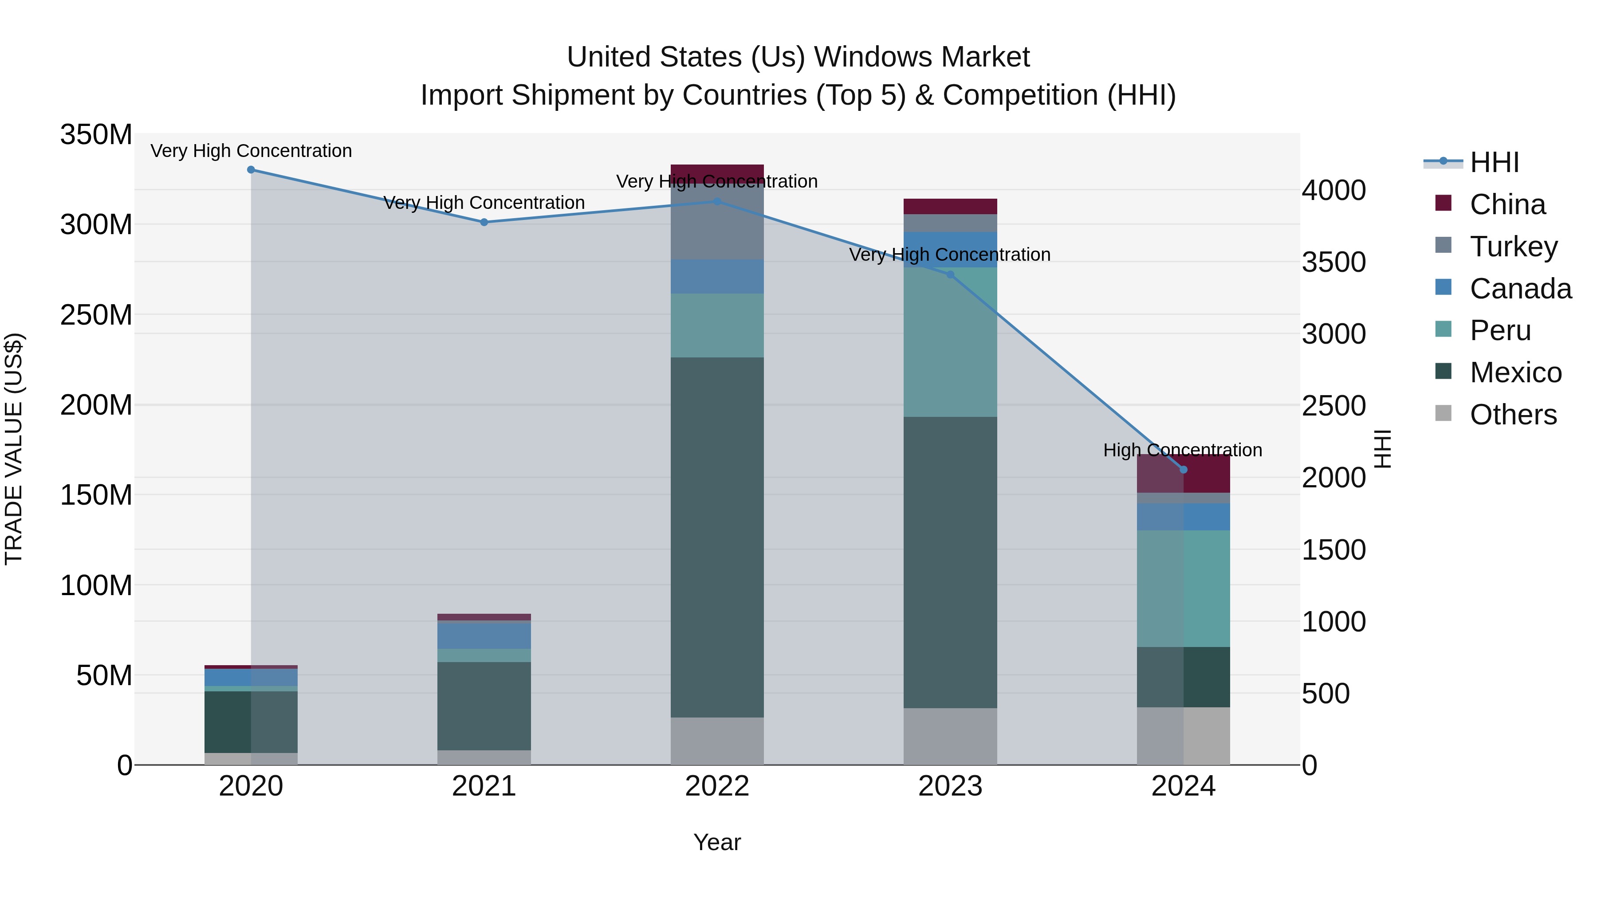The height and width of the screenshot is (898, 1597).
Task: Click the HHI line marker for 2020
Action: pyautogui.click(x=251, y=170)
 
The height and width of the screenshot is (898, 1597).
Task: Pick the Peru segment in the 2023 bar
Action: pyautogui.click(x=950, y=342)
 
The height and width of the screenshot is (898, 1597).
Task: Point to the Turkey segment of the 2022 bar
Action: pyautogui.click(x=717, y=222)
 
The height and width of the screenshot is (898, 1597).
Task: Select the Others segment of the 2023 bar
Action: pyautogui.click(x=950, y=736)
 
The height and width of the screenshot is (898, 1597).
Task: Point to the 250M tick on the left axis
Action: pyautogui.click(x=97, y=315)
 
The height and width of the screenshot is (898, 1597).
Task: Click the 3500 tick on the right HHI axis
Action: pyautogui.click(x=1333, y=262)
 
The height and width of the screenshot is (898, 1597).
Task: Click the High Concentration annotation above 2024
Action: pyautogui.click(x=1182, y=450)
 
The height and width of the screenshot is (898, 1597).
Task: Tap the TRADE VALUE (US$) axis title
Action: pyautogui.click(x=14, y=449)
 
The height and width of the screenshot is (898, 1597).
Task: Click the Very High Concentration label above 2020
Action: pyautogui.click(x=251, y=151)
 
